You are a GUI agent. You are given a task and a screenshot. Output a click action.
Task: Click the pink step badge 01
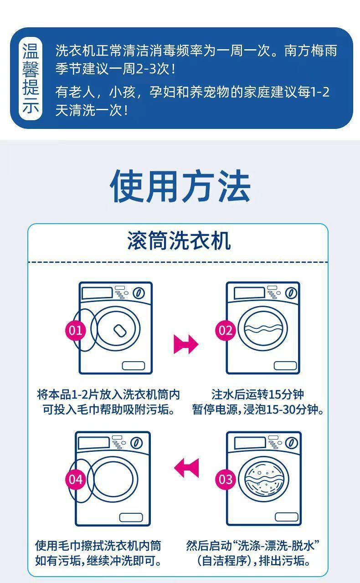click(76, 331)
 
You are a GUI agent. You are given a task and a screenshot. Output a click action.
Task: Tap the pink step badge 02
click(226, 331)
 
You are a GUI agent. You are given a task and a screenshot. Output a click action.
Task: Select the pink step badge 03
click(226, 480)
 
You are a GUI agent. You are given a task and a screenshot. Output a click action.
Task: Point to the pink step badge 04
click(76, 480)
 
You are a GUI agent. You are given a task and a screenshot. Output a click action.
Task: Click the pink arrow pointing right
click(186, 344)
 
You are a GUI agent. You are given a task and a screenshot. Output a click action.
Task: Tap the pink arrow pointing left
click(186, 468)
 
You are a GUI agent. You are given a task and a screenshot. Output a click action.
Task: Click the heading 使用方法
click(180, 185)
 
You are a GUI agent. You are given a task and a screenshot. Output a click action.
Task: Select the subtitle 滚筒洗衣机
click(179, 241)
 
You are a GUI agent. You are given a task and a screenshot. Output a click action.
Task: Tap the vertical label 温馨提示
click(31, 78)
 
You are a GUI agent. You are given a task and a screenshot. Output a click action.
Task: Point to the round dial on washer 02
click(291, 293)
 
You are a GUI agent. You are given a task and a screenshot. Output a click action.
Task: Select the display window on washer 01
click(97, 293)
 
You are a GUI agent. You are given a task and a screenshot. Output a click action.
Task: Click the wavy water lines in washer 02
click(263, 329)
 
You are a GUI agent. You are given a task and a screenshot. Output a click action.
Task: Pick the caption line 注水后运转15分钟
click(257, 394)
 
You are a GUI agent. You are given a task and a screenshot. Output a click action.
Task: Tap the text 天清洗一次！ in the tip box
click(92, 110)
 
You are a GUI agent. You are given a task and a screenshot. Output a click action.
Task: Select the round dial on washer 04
click(137, 443)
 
